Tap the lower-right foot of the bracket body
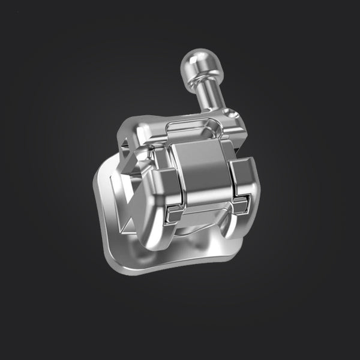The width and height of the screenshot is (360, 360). point(237,237)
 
